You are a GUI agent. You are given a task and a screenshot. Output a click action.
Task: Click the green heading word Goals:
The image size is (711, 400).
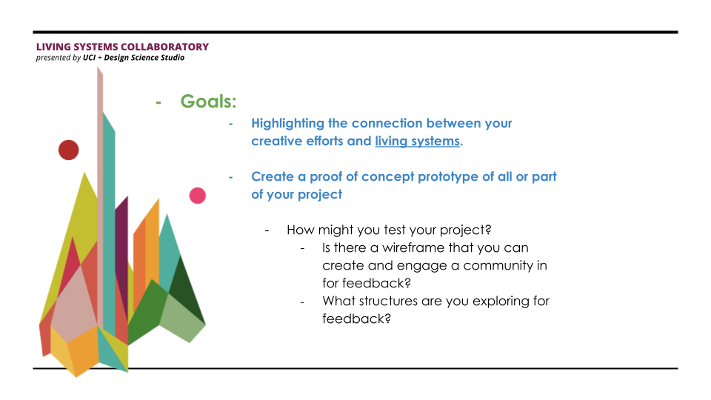(x=209, y=101)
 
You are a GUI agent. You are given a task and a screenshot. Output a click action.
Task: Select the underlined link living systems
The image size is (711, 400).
(x=417, y=141)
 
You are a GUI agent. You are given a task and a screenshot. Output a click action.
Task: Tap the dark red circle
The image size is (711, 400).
(x=68, y=150)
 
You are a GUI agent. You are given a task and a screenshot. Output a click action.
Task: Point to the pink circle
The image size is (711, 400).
(x=197, y=196)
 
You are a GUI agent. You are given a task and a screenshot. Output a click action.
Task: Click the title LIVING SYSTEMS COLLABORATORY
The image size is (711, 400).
(x=122, y=47)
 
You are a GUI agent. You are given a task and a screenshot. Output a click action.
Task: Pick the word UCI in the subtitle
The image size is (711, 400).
(x=90, y=58)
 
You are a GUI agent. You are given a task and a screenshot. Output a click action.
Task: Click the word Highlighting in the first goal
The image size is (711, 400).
(x=288, y=124)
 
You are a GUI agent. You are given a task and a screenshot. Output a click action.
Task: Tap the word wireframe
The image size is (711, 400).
(x=413, y=247)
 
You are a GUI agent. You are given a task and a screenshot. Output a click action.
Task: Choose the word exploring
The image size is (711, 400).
(x=490, y=301)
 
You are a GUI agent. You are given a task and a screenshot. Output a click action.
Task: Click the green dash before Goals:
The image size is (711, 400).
(x=158, y=103)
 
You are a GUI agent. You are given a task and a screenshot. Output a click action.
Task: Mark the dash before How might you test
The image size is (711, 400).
(x=267, y=231)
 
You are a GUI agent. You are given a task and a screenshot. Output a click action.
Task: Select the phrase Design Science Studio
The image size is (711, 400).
(x=144, y=58)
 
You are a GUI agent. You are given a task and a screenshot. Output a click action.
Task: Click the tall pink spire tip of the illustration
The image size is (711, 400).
(x=98, y=67)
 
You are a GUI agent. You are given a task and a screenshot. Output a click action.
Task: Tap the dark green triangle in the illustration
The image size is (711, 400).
(x=187, y=288)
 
